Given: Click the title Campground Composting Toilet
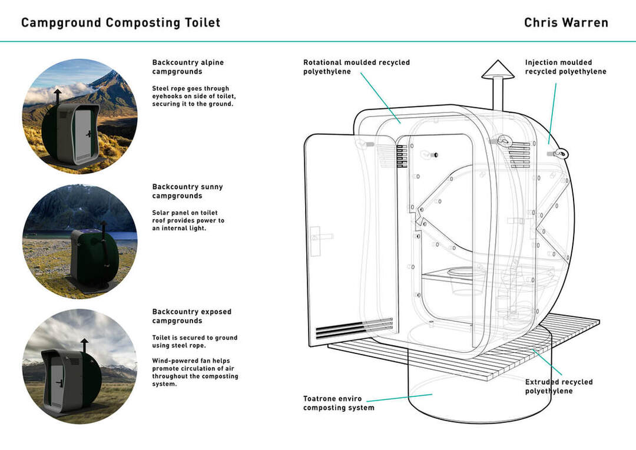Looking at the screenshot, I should coord(121,23).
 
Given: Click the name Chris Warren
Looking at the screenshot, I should coord(566,23).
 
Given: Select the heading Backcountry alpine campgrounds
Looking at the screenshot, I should coord(188,67).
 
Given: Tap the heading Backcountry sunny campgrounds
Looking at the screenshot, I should coord(187,191).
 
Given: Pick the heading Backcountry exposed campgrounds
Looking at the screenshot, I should coord(191,316).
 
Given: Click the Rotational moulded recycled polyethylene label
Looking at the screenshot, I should coord(356,67).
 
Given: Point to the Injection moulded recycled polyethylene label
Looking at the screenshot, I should coord(565,67).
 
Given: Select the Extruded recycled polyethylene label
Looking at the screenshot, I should coord(559,386).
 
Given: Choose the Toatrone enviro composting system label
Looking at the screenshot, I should coord(339,403).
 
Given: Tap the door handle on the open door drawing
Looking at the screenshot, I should coord(319,236).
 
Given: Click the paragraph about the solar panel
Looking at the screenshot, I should coord(188,220).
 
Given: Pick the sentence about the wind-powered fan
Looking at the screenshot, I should coord(194,372).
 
